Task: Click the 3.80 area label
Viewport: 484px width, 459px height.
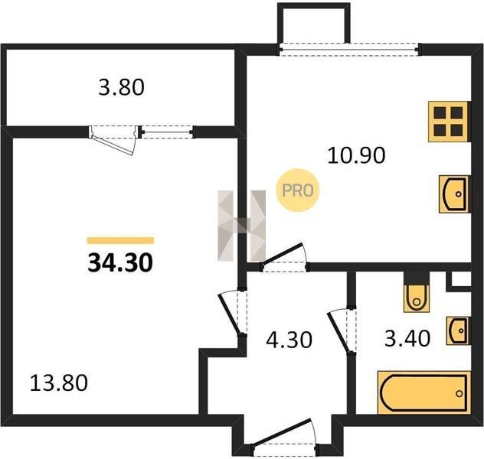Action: coord(121,87)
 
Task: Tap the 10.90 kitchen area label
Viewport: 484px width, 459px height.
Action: coord(356,155)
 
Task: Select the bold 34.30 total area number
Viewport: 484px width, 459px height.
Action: coord(120,263)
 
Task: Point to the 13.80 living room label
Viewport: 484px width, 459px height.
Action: coord(59,382)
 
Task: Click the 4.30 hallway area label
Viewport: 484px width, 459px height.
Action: coord(289,340)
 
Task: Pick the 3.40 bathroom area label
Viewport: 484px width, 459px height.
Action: coord(407,338)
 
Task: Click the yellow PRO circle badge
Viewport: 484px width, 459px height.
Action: coord(298,190)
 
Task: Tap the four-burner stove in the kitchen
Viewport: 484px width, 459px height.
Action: coord(449,122)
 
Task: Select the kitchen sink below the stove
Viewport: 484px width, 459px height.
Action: coord(454,194)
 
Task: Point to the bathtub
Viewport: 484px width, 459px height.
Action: coord(424,392)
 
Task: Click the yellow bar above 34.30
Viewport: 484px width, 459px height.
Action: coord(120,240)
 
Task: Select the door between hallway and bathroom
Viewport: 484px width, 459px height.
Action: coord(342,331)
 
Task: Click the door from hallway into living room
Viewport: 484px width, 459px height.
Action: coord(233,312)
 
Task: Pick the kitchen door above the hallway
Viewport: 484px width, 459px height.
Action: coord(284,257)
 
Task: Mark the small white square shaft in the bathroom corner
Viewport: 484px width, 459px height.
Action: coord(461,278)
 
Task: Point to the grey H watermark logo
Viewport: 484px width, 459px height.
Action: coord(242,226)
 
